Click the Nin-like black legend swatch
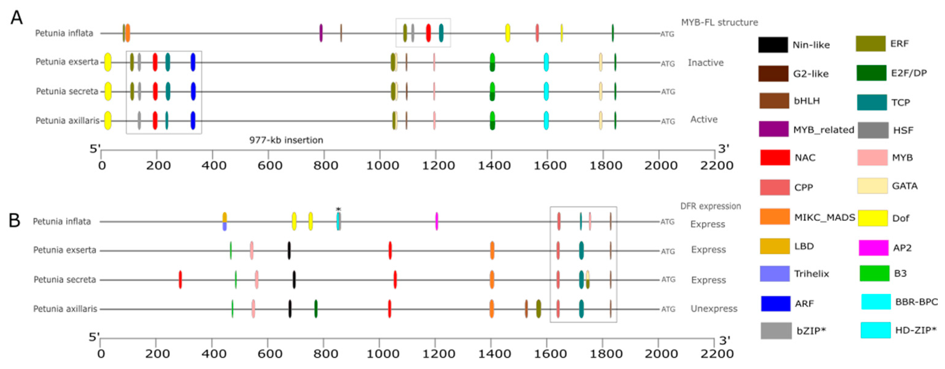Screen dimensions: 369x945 (x=773, y=45)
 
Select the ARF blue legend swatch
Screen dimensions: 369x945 (x=776, y=304)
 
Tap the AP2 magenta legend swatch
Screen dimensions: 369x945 (x=873, y=248)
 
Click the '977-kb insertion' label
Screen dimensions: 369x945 (x=286, y=140)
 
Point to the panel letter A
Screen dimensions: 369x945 (x=16, y=18)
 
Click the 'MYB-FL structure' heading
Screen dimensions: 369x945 (x=719, y=22)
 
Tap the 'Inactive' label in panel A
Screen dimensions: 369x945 (x=706, y=63)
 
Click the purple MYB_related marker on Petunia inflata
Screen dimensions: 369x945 (x=321, y=33)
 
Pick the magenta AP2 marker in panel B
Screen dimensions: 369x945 (x=437, y=221)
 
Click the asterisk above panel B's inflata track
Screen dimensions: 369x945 (x=338, y=209)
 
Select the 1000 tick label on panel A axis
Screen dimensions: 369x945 (x=382, y=166)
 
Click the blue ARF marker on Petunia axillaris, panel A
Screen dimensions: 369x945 (x=193, y=120)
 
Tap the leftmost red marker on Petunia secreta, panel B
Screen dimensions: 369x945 (x=180, y=279)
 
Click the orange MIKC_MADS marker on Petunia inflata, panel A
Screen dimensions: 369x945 (x=128, y=33)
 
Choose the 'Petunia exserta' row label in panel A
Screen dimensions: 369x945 (x=67, y=62)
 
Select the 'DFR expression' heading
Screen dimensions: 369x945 (x=711, y=206)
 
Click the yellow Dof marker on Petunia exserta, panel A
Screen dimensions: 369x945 (x=108, y=62)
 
